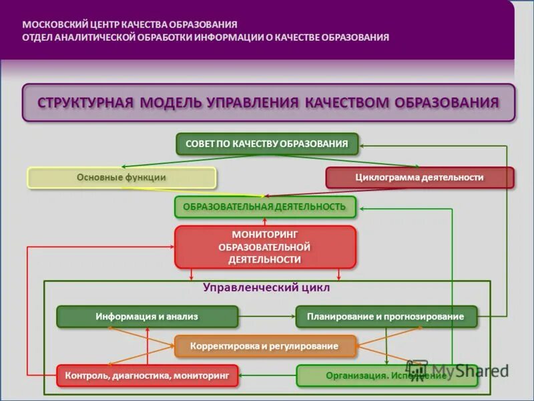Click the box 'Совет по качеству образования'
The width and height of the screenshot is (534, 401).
(267, 144)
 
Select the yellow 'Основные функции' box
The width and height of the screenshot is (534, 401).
(121, 178)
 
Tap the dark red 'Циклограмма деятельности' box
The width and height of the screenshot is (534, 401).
(420, 178)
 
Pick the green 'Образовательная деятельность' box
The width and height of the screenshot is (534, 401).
(265, 207)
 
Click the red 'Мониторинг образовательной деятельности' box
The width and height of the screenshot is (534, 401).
(265, 247)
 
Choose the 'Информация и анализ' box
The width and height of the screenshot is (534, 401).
(147, 317)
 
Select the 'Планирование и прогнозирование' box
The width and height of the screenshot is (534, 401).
(386, 317)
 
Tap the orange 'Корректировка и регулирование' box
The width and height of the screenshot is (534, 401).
(265, 346)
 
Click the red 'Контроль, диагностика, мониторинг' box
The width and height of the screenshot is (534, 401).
(147, 376)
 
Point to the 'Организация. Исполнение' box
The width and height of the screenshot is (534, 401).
(386, 376)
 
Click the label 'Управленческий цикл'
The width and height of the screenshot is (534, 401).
(267, 289)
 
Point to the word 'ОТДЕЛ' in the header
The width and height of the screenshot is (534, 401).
(37, 37)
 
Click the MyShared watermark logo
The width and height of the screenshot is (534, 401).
(461, 370)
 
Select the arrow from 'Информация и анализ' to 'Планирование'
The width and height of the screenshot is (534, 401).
(267, 317)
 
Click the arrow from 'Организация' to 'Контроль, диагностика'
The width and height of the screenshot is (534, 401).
(267, 376)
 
